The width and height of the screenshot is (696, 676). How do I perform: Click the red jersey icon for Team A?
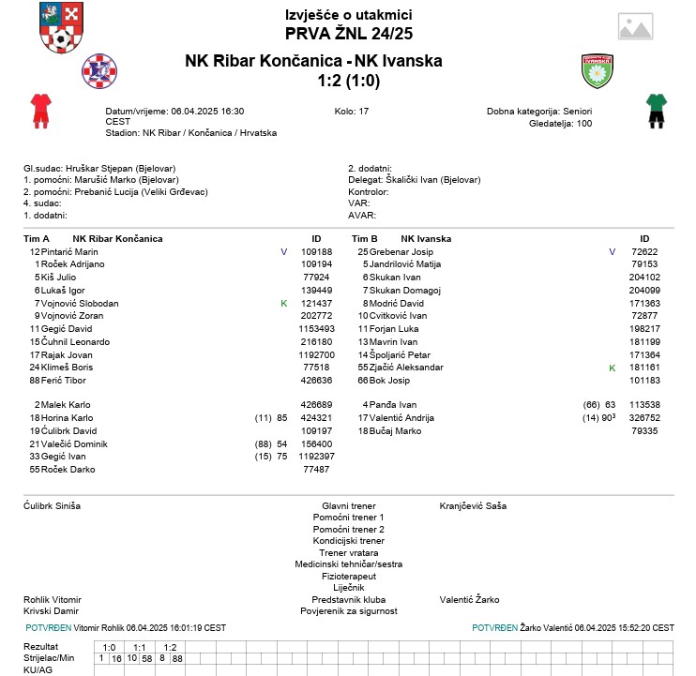click(39, 110)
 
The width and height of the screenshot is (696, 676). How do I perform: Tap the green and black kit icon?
click(655, 110)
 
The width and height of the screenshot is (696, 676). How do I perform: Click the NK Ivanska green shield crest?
click(598, 69)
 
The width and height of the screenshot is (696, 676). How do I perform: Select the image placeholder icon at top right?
click(635, 26)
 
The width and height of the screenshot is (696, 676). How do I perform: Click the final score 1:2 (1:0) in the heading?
click(348, 81)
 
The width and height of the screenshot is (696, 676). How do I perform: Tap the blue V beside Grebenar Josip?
click(612, 252)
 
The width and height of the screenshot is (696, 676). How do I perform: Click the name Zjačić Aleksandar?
click(407, 368)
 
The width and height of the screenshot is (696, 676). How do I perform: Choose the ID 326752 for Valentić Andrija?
click(643, 417)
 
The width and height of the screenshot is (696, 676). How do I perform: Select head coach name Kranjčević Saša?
click(473, 505)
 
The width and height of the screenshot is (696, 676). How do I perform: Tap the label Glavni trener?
click(348, 505)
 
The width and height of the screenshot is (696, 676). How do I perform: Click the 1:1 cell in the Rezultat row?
click(138, 647)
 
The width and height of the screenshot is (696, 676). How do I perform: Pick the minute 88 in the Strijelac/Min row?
click(177, 659)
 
